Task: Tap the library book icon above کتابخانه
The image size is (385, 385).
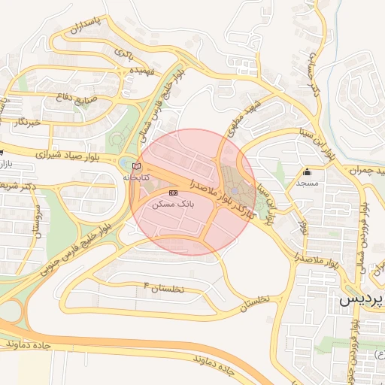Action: coord(136,166)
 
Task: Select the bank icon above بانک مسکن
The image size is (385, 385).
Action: coord(174,193)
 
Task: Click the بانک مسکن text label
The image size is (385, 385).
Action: coord(173,204)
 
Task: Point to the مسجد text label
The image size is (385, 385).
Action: coord(307,183)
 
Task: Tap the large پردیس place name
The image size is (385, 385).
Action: coord(362,299)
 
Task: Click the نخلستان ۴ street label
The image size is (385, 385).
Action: coord(162,288)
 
